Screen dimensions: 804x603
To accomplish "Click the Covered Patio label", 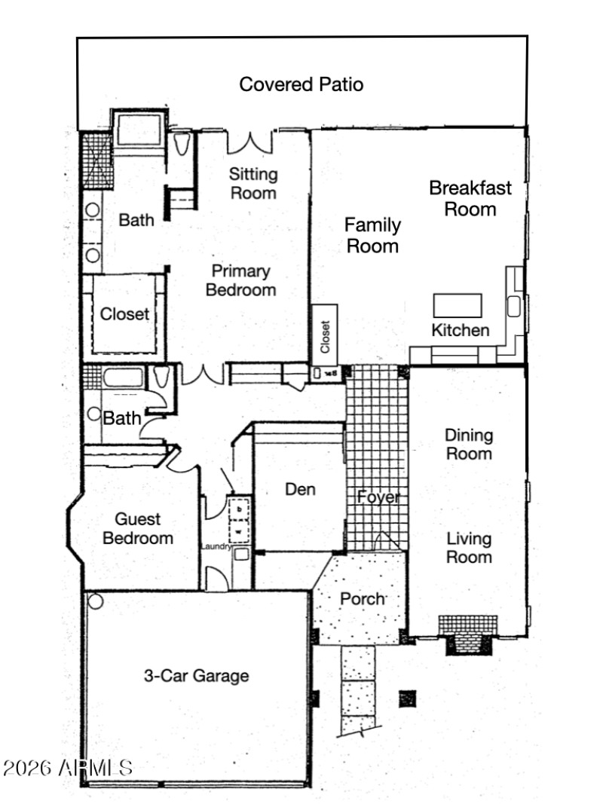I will pos(301,84).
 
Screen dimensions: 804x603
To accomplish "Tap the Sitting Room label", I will pos(253,183).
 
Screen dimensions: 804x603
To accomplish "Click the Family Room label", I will pos(372,235).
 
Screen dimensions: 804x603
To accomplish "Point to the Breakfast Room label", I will pos(470,198).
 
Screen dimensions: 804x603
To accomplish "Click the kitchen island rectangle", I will pos(457,305).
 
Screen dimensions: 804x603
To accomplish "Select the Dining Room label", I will pos(468,445).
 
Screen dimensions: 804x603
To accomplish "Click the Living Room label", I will pos(469,548).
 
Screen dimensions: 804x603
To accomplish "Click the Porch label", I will pos(363,599).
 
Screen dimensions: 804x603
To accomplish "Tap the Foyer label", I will pos(378,497).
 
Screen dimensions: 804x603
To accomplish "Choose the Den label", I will pos(300,489).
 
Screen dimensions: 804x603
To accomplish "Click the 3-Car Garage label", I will pos(196,676).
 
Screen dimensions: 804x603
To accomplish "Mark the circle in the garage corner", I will pos(95,601).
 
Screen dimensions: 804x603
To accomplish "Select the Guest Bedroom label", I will pos(138,529).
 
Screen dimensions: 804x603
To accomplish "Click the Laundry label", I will pos(216,546).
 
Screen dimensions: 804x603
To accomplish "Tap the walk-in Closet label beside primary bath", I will pos(125,314).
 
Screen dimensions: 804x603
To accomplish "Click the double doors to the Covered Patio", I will pos(249,141).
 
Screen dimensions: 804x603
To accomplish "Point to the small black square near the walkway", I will pos(408,697).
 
